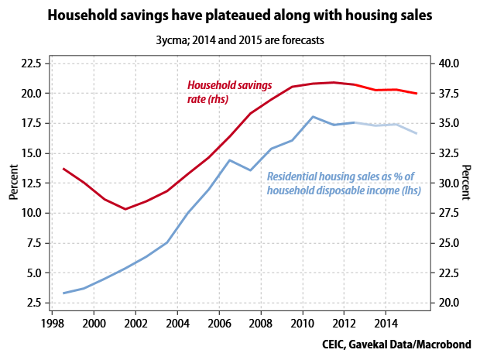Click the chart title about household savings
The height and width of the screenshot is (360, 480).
pos(239,15)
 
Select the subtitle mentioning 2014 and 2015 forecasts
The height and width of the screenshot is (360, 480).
pos(239,39)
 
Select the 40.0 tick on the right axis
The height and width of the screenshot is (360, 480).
pos(450,63)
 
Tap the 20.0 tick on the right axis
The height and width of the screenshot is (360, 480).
pos(450,303)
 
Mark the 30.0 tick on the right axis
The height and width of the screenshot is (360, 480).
pos(450,183)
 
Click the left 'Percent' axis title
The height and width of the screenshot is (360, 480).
pos(13,183)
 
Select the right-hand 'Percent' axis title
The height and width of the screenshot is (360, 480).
pos(467,183)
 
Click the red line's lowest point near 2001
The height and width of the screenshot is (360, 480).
pos(125,209)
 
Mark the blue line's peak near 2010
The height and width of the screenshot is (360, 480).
pos(313,117)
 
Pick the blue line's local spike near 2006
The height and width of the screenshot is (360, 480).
pos(229,160)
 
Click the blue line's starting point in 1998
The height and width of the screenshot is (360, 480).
pos(63,293)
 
